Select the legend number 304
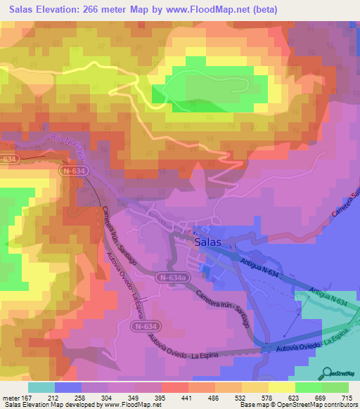(x=108, y=398)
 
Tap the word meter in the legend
(x=12, y=398)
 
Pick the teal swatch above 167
(x=41, y=387)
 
